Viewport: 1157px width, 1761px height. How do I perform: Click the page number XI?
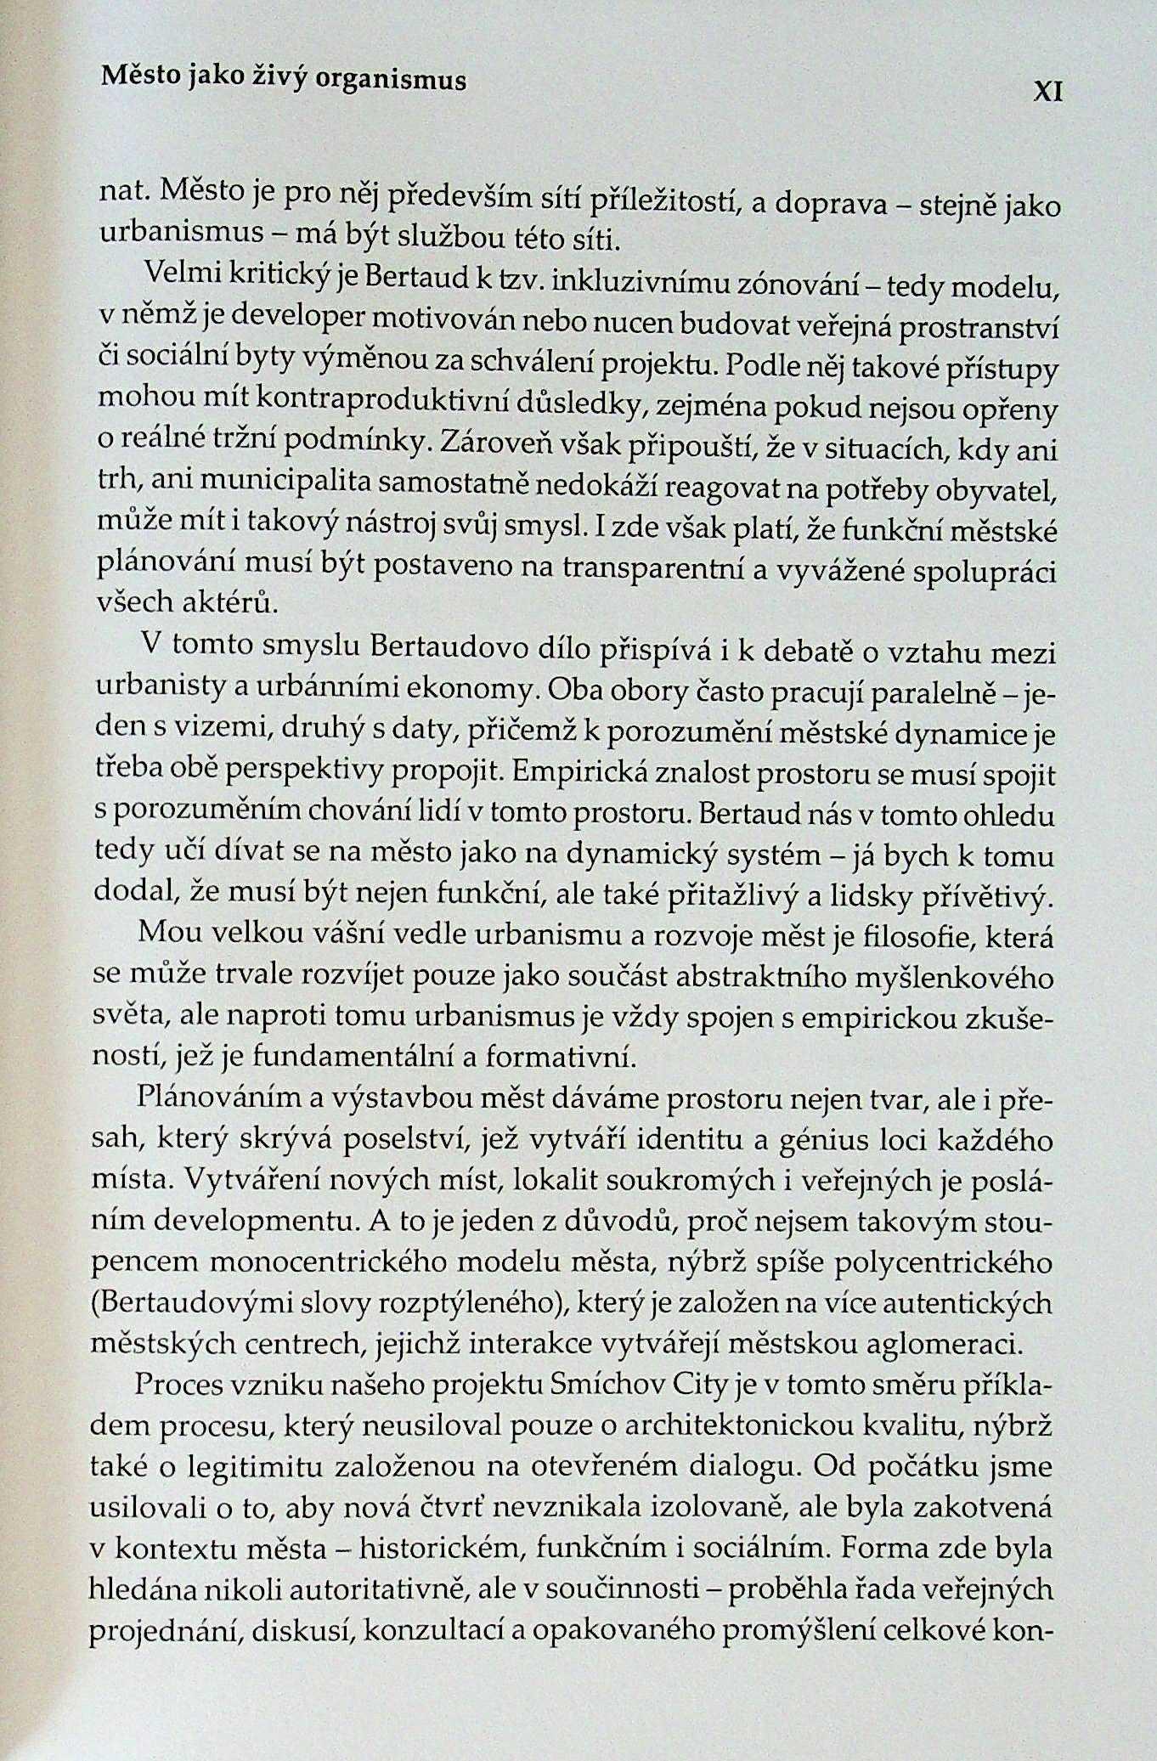pos(1047,92)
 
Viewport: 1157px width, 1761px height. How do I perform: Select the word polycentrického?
pos(944,1263)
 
